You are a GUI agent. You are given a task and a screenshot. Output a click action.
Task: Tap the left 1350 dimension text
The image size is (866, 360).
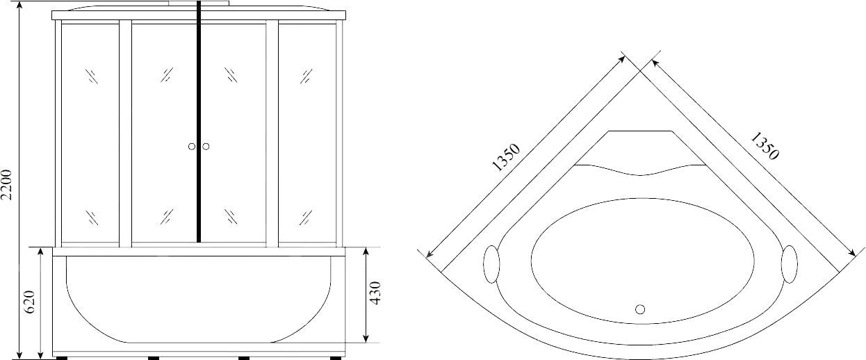pyautogui.click(x=505, y=157)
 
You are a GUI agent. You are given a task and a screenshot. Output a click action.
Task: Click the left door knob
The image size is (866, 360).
pyautogui.click(x=191, y=146)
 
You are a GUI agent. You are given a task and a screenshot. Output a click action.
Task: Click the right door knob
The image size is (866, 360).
pyautogui.click(x=206, y=146)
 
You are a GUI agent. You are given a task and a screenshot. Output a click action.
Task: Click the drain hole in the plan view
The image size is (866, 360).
pyautogui.click(x=640, y=308)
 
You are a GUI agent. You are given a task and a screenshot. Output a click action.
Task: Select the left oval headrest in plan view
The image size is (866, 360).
pyautogui.click(x=491, y=265)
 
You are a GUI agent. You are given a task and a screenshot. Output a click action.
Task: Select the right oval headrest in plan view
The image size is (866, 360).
pyautogui.click(x=790, y=265)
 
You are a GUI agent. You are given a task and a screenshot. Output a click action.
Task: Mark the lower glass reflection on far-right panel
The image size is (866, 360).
pyautogui.click(x=306, y=217)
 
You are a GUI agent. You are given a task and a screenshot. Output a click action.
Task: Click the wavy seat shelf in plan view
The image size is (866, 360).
pyautogui.click(x=640, y=169)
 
